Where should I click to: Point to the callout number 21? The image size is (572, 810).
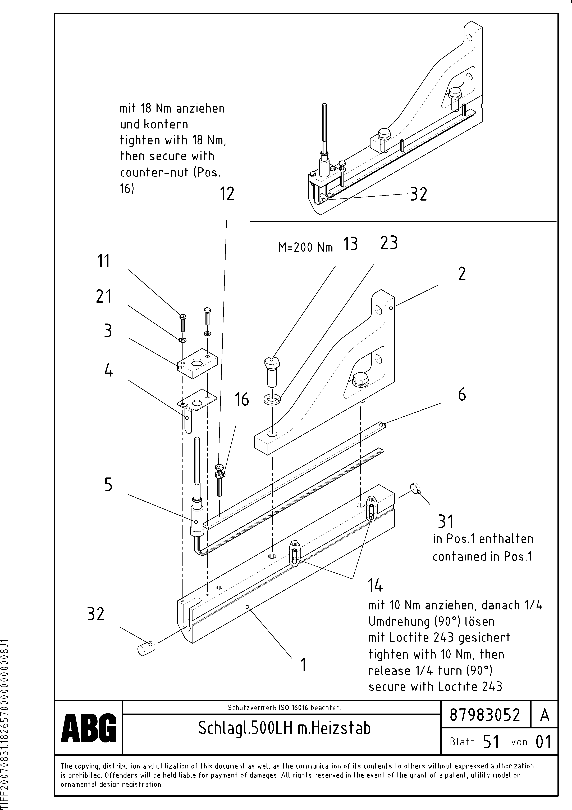pos(103,296)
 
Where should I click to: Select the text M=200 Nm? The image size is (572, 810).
pos(305,248)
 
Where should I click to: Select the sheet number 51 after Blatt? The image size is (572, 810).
pos(491,742)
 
